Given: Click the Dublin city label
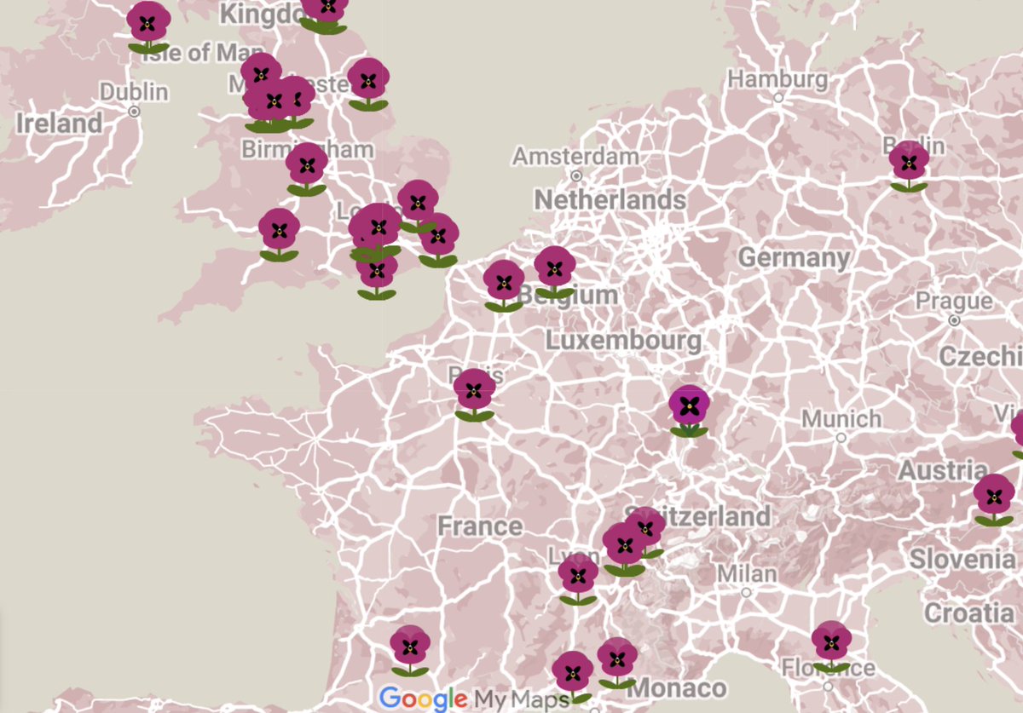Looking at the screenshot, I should pos(134,91).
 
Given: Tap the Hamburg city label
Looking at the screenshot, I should pos(777,79).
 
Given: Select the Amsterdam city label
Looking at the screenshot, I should pos(575,157).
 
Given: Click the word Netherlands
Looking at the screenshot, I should pos(610,200).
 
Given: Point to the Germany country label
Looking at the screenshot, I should pos(794,257).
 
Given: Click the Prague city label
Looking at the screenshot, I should pos(954,302).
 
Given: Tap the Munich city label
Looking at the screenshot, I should pos(841,419).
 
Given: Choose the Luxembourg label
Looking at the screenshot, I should pos(623,342).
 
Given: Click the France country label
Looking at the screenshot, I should pos(480,526).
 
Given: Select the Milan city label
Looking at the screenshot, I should pos(746,573).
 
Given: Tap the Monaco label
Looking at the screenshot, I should pos(680,688).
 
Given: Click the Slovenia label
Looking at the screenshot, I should pos(962,559).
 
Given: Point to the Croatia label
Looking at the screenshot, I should pos(968,612).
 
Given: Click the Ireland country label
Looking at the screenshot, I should pos(59,124).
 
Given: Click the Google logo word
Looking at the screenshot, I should pos(423,699).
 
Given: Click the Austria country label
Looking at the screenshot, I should pos(942,470).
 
